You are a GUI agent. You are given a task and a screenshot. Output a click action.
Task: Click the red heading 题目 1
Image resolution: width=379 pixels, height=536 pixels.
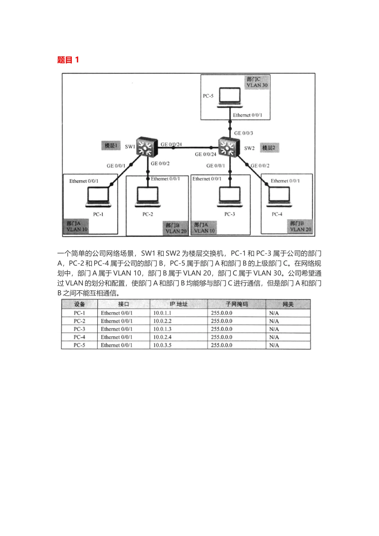click(68, 60)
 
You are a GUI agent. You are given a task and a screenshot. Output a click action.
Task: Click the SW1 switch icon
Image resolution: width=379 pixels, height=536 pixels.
click(144, 147)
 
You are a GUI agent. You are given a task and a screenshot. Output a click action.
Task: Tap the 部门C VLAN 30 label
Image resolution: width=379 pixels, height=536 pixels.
click(257, 82)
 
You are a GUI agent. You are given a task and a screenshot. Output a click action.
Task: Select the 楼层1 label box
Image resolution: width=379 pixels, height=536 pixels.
click(111, 146)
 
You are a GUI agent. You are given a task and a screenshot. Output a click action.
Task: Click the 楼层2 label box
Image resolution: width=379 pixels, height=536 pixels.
click(268, 148)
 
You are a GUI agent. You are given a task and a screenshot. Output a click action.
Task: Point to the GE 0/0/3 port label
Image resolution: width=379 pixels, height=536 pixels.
click(243, 133)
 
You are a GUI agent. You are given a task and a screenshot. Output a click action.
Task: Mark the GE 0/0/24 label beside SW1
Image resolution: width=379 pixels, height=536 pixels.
click(172, 144)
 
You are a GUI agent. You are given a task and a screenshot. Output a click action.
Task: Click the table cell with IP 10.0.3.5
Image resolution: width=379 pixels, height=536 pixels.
click(162, 345)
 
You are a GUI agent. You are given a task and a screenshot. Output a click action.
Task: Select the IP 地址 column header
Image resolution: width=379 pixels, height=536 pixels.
click(178, 304)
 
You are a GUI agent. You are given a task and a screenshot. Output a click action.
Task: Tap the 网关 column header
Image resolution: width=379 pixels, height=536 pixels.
click(288, 304)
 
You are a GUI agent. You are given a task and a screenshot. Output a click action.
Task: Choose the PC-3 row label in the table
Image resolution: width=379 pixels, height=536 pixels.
click(79, 329)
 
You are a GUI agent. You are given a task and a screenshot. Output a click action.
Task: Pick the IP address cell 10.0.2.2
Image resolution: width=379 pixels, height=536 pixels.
click(162, 321)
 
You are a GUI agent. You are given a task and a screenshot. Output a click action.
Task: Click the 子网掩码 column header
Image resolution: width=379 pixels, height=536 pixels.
click(237, 304)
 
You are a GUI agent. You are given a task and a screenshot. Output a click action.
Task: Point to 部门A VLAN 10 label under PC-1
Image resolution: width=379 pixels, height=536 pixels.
click(77, 227)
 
